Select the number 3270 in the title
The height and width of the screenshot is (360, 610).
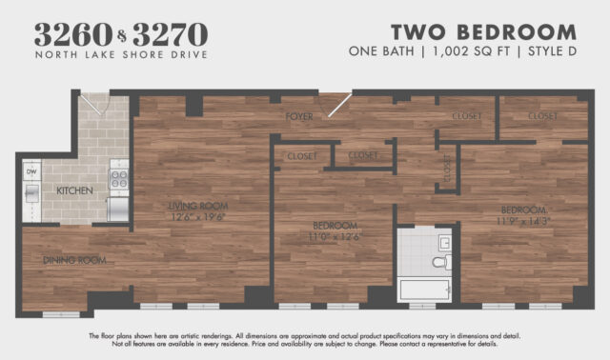[171, 34]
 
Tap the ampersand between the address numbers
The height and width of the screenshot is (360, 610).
[119, 36]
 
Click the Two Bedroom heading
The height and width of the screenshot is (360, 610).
[483, 32]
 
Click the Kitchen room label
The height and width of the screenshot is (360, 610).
[74, 191]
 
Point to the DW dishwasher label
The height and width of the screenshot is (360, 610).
[31, 172]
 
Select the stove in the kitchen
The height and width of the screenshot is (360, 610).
[119, 176]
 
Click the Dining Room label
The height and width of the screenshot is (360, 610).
[72, 260]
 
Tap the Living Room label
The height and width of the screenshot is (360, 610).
[197, 205]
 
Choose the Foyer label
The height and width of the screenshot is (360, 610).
[300, 116]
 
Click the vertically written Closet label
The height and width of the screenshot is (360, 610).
[446, 169]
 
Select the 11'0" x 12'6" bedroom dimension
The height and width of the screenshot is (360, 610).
[335, 237]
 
